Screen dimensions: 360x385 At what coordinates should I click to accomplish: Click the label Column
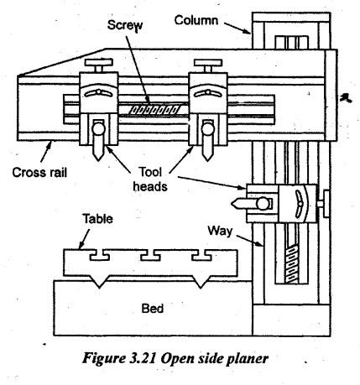point(196,20)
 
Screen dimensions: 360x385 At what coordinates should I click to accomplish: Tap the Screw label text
point(125,25)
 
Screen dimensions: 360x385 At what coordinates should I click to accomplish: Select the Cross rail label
point(39,172)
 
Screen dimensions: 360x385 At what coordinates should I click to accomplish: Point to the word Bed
point(153,309)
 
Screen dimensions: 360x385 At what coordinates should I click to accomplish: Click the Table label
point(98,219)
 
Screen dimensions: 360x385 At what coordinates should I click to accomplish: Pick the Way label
point(220,232)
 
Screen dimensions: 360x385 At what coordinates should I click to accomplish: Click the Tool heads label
point(150,179)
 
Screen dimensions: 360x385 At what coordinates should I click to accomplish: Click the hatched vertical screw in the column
point(291,263)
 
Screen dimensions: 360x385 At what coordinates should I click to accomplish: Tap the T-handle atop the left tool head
point(99,65)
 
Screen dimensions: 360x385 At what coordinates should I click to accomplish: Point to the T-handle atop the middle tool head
point(208,65)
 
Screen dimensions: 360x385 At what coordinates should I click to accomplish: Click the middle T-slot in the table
point(150,255)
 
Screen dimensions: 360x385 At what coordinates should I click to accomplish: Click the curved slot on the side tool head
point(298,204)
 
